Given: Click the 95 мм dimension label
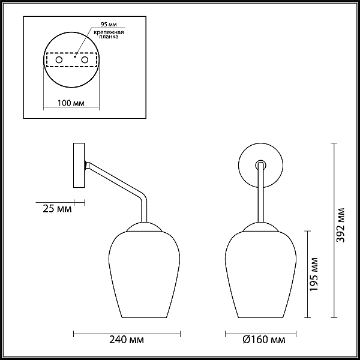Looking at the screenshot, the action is pyautogui.click(x=109, y=25).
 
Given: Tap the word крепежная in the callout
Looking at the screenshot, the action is pyautogui.click(x=109, y=32).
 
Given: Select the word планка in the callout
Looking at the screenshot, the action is pyautogui.click(x=109, y=37).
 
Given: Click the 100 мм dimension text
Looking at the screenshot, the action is pyautogui.click(x=71, y=103).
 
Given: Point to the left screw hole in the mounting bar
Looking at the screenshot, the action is pyautogui.click(x=59, y=60).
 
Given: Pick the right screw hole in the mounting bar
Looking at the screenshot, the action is pyautogui.click(x=85, y=60).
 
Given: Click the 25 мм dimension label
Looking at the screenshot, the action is pyautogui.click(x=57, y=209).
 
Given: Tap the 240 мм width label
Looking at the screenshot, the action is pyautogui.click(x=127, y=340).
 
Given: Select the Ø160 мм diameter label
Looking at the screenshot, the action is pyautogui.click(x=264, y=340).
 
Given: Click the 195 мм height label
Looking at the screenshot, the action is pyautogui.click(x=314, y=274).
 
